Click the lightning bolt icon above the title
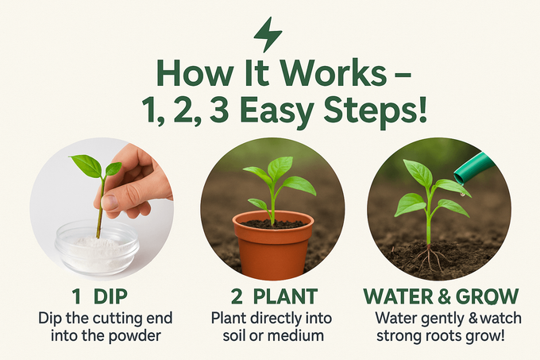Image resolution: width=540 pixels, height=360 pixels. click(268, 34)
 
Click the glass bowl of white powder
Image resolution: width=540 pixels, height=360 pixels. click(97, 246)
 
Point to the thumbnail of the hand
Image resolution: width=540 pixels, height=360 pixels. click(111, 202)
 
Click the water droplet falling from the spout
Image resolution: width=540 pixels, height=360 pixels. click(462, 195)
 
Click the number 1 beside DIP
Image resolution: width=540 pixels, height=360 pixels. click(77, 296)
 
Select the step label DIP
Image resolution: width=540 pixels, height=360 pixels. click(110, 296)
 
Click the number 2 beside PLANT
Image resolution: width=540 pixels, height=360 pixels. click(237, 296)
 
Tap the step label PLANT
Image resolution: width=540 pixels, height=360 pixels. click(285, 296)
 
